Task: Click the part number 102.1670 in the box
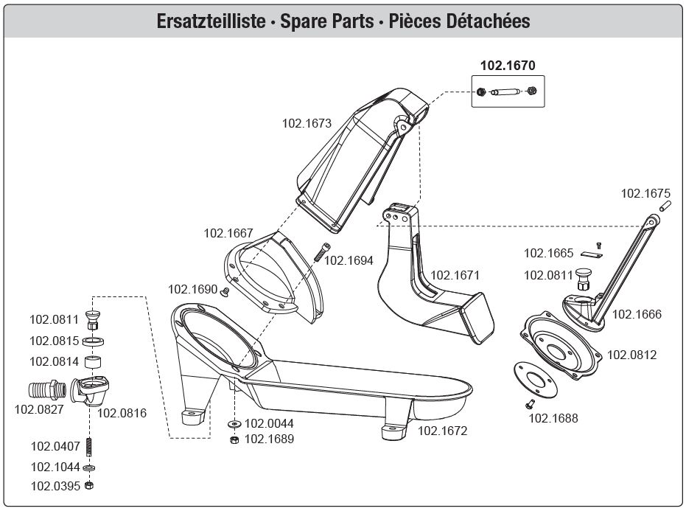508,65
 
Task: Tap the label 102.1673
307,123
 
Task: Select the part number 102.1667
228,233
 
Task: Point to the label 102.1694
349,260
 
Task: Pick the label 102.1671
455,275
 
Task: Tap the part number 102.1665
548,253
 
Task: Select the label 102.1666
637,314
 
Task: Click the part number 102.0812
631,355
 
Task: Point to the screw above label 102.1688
530,403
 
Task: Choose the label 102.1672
443,431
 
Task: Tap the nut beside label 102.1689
234,439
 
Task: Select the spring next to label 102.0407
89,447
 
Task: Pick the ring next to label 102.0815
92,341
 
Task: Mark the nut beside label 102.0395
89,486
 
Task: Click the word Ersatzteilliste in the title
211,21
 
